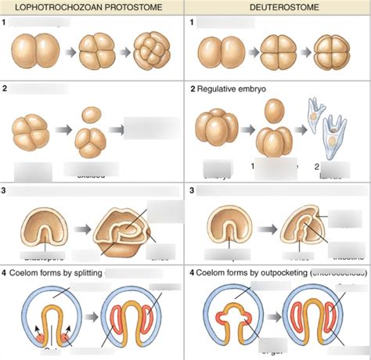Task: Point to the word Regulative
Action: [x=218, y=89]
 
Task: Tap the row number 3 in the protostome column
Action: [x=4, y=190]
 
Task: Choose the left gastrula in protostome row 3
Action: [x=33, y=227]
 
